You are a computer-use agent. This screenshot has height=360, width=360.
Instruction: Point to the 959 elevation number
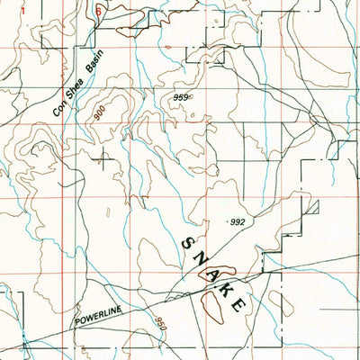click(176, 97)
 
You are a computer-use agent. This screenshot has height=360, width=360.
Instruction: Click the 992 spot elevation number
click(237, 221)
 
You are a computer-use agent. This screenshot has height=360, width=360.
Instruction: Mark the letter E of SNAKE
click(239, 306)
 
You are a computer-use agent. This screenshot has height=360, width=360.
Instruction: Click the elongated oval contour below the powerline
click(212, 309)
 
